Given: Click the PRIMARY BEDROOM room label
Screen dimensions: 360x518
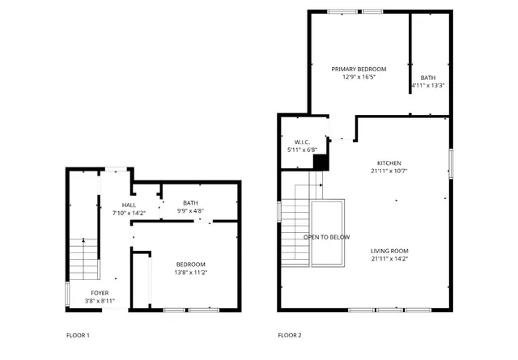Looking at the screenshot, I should (x=359, y=70).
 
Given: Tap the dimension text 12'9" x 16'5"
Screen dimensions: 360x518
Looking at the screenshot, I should (x=359, y=78).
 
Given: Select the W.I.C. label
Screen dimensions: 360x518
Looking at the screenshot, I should (x=303, y=142).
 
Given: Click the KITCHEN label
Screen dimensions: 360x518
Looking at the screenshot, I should (x=388, y=163).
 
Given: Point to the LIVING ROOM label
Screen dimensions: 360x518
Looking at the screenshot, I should (x=388, y=251).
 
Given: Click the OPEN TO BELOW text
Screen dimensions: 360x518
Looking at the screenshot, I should (x=327, y=237).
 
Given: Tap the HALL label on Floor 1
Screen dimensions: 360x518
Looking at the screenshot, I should (x=129, y=205).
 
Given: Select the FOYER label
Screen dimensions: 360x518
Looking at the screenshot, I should (x=100, y=293).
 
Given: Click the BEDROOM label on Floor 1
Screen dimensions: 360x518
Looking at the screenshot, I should (x=191, y=265).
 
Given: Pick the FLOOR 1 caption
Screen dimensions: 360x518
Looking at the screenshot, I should (x=78, y=335).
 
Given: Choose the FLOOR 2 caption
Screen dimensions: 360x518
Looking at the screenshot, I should (x=289, y=335).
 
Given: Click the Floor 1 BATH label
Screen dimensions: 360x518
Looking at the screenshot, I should (x=190, y=203).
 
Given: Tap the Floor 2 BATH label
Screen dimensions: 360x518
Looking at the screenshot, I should (x=427, y=78).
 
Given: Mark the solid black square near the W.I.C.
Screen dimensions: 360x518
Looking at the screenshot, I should (x=321, y=163).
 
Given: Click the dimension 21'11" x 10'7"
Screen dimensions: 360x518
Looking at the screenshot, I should (x=388, y=171).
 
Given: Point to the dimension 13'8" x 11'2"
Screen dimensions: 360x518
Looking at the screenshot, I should (x=191, y=273).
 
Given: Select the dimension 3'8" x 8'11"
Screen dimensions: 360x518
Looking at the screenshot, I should (x=100, y=301).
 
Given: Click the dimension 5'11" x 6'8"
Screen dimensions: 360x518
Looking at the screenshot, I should (x=303, y=150).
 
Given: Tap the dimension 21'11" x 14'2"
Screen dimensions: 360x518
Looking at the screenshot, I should (x=388, y=259).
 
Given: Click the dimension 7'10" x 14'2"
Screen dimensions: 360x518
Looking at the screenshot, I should (x=129, y=213).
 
